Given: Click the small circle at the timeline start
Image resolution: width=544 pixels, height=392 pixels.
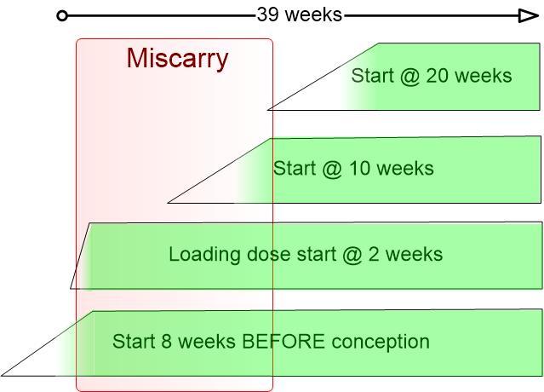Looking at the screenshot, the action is point(62,16).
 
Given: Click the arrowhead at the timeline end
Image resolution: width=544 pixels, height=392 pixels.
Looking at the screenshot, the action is point(528,16).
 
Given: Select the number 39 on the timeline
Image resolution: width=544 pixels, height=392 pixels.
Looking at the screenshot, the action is point(268,15).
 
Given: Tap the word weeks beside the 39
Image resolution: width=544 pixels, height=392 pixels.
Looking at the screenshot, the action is point(315,15).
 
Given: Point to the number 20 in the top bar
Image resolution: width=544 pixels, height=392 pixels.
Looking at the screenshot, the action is point(437,75).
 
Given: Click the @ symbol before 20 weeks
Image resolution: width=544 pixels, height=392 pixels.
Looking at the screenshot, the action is point(410,77).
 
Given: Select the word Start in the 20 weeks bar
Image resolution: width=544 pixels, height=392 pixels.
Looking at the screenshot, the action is point(373,75).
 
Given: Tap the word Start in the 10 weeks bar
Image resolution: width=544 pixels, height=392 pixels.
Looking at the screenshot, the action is point(295,168).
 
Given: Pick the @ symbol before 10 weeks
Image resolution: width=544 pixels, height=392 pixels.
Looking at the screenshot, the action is point(332,169).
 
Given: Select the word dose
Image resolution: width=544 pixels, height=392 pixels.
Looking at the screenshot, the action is point(269,254).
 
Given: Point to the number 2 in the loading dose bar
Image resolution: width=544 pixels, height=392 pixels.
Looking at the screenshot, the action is point(374,254).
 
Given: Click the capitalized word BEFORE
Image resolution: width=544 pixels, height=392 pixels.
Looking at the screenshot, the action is point(283,341).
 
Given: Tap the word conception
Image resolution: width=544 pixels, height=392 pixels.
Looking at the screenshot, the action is point(381,342).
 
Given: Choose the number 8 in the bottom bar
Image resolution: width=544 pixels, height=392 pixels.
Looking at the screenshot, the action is point(167,341).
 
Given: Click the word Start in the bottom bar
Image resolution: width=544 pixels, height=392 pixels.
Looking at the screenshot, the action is point(134,341).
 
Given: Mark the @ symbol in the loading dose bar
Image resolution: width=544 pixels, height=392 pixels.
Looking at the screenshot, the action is point(352,255).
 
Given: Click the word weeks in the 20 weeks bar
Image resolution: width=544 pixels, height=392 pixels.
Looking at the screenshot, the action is point(483,75).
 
